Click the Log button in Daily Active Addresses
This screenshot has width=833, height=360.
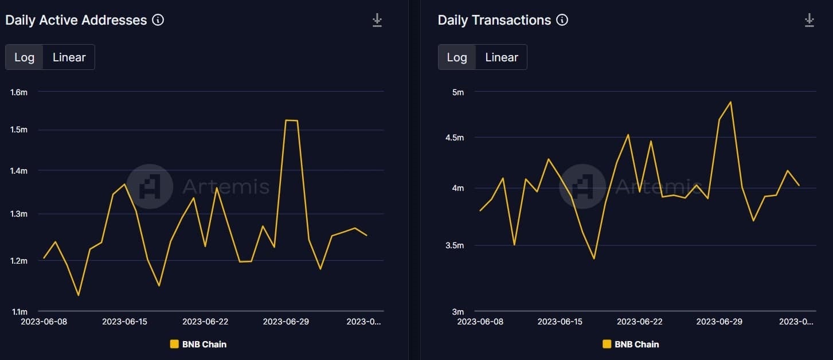pyautogui.click(x=24, y=57)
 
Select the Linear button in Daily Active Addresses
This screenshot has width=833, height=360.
pyautogui.click(x=69, y=57)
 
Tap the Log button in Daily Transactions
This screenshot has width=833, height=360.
pyautogui.click(x=457, y=57)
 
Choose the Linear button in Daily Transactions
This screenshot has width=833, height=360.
pyautogui.click(x=501, y=57)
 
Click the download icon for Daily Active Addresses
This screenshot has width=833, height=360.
pyautogui.click(x=377, y=21)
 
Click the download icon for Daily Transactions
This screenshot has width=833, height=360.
pyautogui.click(x=809, y=21)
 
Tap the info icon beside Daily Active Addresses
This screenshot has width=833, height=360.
pyautogui.click(x=158, y=20)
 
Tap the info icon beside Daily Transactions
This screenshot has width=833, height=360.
pyautogui.click(x=562, y=20)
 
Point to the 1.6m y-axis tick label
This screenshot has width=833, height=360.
pyautogui.click(x=19, y=92)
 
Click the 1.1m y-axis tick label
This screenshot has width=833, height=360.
pyautogui.click(x=19, y=312)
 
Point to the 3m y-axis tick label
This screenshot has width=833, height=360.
pyautogui.click(x=457, y=312)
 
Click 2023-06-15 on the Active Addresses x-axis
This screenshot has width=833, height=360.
pyautogui.click(x=124, y=322)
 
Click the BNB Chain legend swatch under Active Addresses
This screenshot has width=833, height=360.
pyautogui.click(x=174, y=344)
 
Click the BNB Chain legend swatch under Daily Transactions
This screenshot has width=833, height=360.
pyautogui.click(x=607, y=344)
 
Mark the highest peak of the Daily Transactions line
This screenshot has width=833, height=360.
pyautogui.click(x=730, y=102)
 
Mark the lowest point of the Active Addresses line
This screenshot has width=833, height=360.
pyautogui.click(x=78, y=295)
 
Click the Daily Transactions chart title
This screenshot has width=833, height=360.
pyautogui.click(x=494, y=20)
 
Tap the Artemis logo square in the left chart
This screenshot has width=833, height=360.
pyautogui.click(x=149, y=186)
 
